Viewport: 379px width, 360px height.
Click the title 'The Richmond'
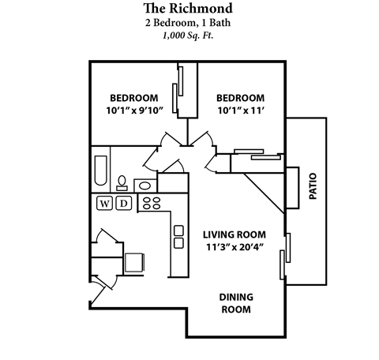(189, 8)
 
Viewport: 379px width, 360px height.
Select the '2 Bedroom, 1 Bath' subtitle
(189, 22)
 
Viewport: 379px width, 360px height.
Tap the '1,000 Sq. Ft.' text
(189, 36)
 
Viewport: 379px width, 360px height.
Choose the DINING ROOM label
(235, 303)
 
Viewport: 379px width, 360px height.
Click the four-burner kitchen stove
(150, 203)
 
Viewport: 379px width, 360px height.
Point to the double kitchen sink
(178, 237)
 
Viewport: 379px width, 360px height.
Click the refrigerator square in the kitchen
(134, 261)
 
